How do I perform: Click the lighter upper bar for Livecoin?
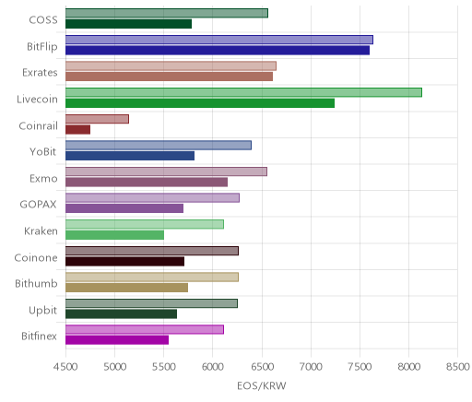(x=243, y=92)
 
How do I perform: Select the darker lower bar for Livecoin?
(x=200, y=103)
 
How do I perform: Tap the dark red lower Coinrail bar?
(x=77, y=130)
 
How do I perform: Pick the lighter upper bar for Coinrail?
(x=97, y=119)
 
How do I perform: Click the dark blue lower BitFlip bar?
(x=218, y=51)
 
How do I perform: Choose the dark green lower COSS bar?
(x=128, y=24)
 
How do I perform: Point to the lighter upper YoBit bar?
(x=159, y=146)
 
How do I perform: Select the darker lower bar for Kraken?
(x=114, y=235)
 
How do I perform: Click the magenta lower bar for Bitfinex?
(x=117, y=340)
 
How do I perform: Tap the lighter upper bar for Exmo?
(x=166, y=171)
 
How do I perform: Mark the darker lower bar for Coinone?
(x=124, y=262)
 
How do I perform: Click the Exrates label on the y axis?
(x=40, y=73)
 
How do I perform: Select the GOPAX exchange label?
(x=39, y=205)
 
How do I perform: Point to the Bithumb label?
(x=36, y=283)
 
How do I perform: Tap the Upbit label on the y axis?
(x=43, y=311)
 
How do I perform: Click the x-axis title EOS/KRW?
(x=262, y=385)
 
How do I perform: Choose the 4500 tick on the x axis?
(x=65, y=367)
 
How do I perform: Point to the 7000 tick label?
(x=311, y=367)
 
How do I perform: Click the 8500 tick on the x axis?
(x=458, y=367)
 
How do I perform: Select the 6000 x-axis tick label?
(x=213, y=367)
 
